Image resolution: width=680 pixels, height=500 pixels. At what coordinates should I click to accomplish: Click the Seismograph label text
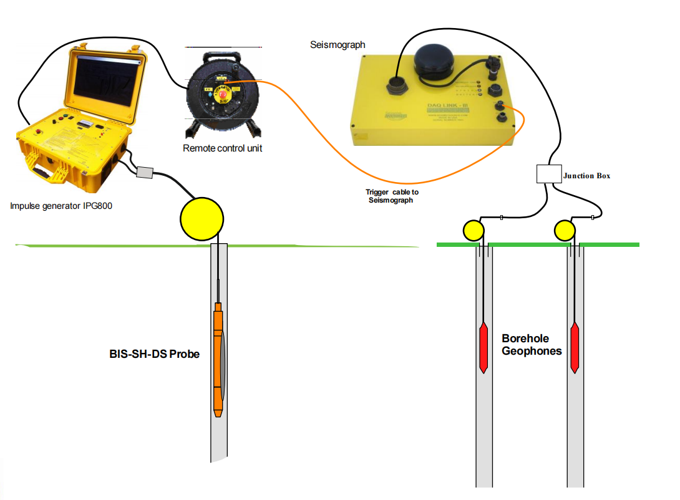(x=338, y=45)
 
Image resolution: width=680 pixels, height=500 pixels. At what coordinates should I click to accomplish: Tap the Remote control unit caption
(x=222, y=148)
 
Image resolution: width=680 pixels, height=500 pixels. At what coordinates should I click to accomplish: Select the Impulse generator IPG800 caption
(x=61, y=206)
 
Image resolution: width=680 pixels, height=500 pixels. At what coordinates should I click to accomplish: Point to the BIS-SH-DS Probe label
(x=155, y=354)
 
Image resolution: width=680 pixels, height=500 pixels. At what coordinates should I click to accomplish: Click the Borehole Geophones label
(x=532, y=345)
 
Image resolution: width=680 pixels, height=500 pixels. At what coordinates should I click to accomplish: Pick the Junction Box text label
(x=586, y=176)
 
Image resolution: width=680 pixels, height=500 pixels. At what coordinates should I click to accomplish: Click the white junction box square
(x=549, y=174)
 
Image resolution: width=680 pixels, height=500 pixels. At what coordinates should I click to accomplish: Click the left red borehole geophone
(x=483, y=347)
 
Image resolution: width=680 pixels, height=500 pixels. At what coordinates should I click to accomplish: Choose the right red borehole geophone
(x=575, y=347)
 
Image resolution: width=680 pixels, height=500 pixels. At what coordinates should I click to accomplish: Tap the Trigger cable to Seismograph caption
(x=392, y=196)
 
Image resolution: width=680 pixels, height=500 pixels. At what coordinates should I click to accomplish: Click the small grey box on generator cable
(x=145, y=173)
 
